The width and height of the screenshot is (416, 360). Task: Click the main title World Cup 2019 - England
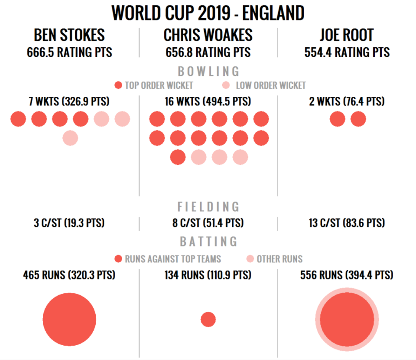208,13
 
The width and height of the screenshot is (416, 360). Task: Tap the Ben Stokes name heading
69,35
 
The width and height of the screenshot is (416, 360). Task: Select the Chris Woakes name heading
208,35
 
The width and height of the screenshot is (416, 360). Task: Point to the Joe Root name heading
347,35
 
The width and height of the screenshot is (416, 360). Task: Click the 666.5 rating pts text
69,52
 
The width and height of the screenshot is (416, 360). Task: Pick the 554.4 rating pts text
347,52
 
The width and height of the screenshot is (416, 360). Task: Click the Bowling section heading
208,72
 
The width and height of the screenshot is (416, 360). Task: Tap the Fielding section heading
208,207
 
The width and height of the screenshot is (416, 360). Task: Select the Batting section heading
208,242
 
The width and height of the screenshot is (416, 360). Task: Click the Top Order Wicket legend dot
118,85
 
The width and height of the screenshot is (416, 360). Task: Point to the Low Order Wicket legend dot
226,85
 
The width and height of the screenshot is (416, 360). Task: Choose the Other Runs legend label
279,259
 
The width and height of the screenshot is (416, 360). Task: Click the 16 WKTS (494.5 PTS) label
208,101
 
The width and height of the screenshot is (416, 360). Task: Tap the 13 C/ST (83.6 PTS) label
347,223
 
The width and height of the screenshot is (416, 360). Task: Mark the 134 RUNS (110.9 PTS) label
208,275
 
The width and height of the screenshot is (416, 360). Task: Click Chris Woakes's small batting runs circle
208,319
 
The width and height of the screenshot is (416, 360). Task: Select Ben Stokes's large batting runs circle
69,319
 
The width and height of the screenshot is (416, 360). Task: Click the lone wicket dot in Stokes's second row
70,138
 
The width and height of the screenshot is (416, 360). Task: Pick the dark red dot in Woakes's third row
178,157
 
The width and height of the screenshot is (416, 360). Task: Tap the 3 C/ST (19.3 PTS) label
69,223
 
